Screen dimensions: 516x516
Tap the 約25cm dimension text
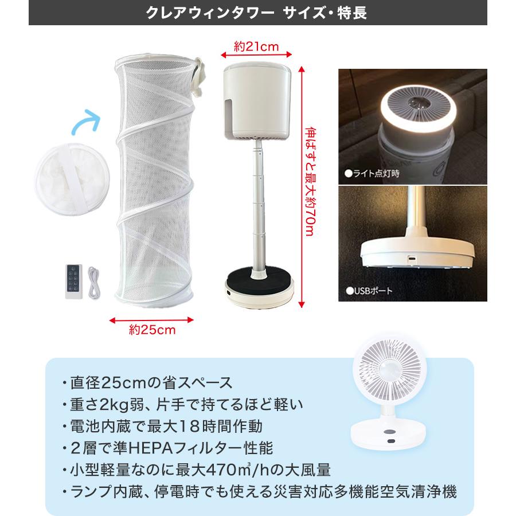point(152,330)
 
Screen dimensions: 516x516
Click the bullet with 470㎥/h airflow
point(196,470)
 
